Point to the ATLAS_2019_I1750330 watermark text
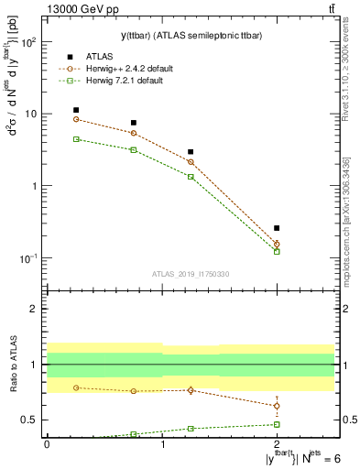[x=191, y=273]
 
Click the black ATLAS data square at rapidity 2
[x=277, y=228]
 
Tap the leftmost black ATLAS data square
[x=76, y=110]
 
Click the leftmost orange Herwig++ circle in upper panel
[x=76, y=119]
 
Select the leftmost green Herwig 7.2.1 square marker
[x=76, y=139]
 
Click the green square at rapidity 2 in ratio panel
[x=277, y=424]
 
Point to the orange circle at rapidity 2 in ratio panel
[x=277, y=406]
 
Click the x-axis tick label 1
[x=162, y=443]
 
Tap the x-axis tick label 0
[x=47, y=443]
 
